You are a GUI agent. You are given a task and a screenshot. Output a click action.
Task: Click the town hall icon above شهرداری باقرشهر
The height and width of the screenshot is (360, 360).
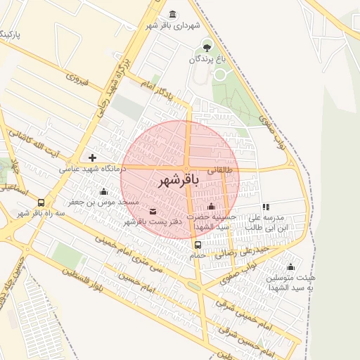[173, 14]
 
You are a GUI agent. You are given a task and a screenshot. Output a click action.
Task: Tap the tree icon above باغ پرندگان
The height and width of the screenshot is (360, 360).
[207, 47]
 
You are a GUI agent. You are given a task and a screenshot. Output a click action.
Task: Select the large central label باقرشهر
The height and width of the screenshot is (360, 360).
[176, 180]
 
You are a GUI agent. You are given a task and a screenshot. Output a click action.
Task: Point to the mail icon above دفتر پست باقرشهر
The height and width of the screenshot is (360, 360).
[153, 211]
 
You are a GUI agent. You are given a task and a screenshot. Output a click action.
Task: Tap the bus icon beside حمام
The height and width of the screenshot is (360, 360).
[198, 245]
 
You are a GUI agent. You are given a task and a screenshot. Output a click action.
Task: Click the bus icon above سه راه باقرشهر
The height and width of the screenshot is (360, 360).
[41, 202]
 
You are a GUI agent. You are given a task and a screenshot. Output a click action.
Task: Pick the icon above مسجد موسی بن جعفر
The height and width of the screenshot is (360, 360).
[104, 192]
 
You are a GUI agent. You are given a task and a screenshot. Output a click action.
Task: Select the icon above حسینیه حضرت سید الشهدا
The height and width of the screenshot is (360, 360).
[212, 206]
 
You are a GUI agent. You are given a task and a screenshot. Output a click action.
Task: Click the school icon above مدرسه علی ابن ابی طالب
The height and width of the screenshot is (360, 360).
[266, 207]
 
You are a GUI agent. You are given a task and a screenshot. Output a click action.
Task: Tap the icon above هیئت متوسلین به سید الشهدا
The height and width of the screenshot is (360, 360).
[290, 266]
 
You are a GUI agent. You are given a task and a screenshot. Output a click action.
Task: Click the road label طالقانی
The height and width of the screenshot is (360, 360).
[218, 169]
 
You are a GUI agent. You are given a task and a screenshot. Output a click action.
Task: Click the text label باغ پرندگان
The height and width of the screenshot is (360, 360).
[207, 60]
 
